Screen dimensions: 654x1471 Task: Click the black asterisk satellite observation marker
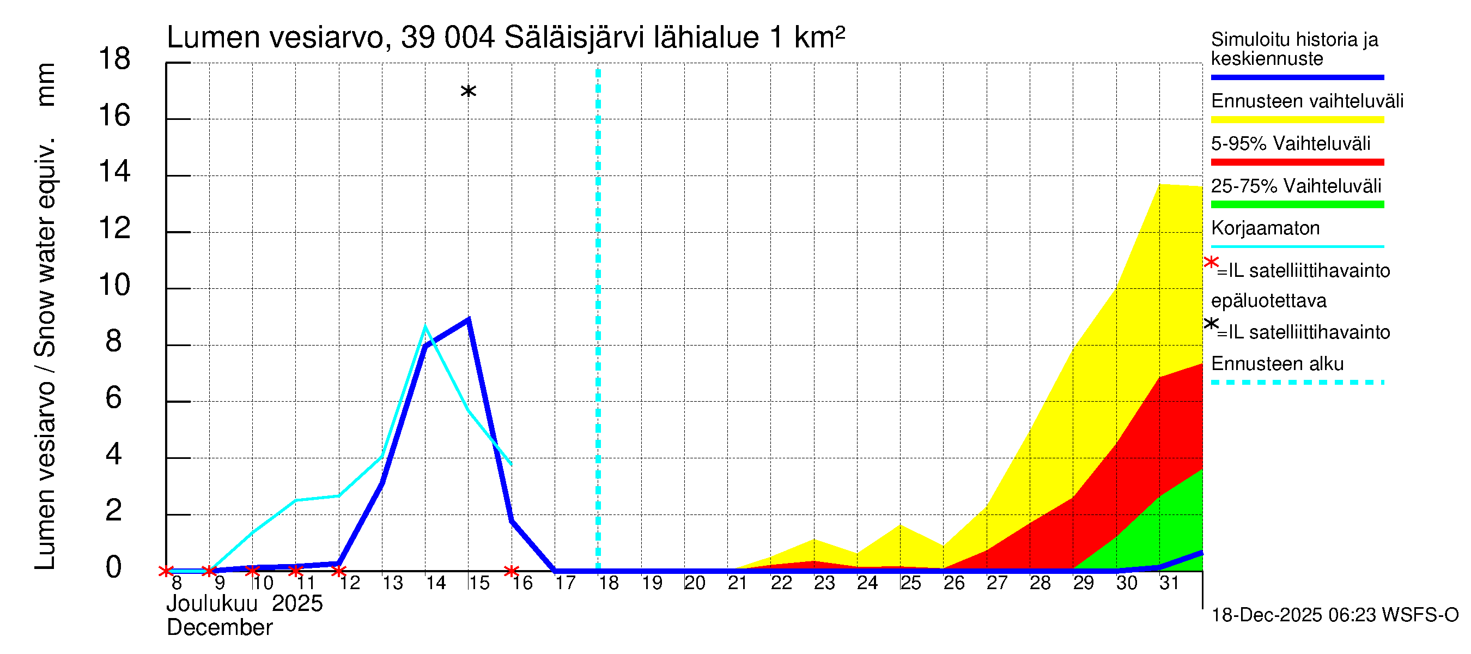pos(468,92)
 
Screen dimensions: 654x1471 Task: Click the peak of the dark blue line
pos(468,319)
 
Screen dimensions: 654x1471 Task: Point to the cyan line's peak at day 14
pos(425,326)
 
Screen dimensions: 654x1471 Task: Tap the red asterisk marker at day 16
pos(512,571)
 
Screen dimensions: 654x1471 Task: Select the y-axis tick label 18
pos(114,59)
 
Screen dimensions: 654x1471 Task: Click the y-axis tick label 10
pos(114,285)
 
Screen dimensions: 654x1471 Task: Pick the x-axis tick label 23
pos(824,583)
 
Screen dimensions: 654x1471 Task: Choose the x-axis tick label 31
pos(1169,583)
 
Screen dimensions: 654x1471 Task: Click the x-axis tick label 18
pos(608,583)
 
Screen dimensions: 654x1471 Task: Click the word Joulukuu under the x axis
pos(212,604)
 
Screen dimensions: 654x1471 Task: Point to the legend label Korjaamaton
pos(1265,228)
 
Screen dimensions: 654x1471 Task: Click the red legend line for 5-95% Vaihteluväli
pos(1297,162)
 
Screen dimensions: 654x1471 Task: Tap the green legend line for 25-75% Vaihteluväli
pos(1297,204)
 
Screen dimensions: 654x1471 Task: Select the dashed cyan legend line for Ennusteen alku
pos(1297,382)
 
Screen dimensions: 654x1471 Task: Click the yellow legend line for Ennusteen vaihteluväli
pos(1297,120)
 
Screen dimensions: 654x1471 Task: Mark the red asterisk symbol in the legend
pos(1210,263)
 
